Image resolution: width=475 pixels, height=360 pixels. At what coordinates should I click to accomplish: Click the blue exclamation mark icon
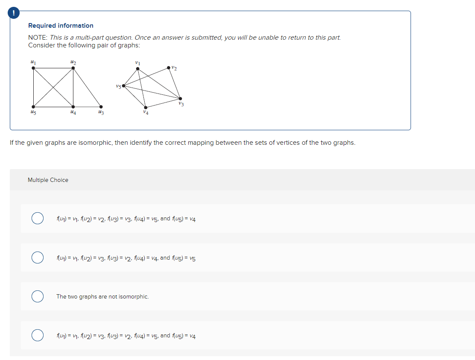[14, 14]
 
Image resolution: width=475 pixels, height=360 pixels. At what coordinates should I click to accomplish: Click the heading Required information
[61, 26]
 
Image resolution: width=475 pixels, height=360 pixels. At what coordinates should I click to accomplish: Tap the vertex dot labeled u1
[33, 67]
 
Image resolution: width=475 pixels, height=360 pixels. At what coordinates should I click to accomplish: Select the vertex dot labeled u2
[73, 67]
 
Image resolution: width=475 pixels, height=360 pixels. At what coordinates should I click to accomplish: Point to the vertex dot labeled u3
[101, 107]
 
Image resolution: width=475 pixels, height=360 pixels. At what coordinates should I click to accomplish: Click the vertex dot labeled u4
[73, 107]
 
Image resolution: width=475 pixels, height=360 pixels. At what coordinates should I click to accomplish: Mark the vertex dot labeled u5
[33, 107]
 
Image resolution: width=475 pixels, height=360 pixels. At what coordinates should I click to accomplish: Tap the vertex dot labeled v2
[169, 67]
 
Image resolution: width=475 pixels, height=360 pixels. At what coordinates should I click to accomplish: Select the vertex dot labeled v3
[180, 99]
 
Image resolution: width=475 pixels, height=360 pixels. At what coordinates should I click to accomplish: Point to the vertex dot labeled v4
[146, 107]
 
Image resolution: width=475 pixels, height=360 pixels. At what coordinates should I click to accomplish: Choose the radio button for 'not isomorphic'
[38, 296]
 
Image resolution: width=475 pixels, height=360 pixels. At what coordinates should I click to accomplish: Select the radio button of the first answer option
[38, 218]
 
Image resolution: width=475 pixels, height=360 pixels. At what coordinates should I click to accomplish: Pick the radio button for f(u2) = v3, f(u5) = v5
[38, 258]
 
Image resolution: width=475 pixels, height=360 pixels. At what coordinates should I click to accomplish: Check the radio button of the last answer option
[38, 335]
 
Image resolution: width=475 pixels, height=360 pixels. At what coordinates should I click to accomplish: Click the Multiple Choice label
[48, 180]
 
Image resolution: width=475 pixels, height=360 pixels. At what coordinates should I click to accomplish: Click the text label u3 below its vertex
[101, 113]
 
